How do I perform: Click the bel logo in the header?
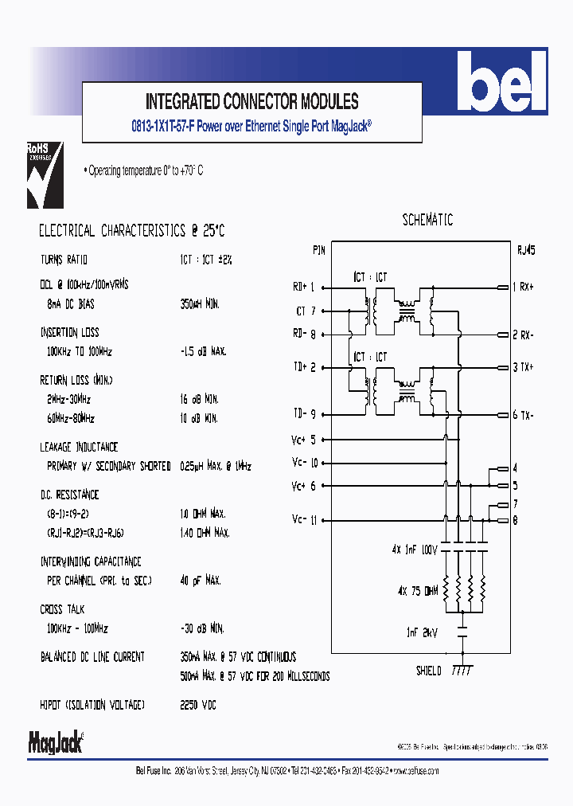(x=507, y=83)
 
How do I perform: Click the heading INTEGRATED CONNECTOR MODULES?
(x=251, y=102)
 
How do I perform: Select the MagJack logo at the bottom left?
(x=56, y=742)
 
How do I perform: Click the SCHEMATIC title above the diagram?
(x=427, y=221)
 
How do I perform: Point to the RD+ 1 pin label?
(x=304, y=287)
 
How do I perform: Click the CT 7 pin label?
(x=306, y=311)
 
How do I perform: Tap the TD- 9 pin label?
(x=304, y=414)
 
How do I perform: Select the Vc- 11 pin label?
(x=305, y=520)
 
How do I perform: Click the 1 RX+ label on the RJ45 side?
(x=528, y=287)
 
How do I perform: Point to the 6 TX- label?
(x=528, y=415)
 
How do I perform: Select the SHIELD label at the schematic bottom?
(x=428, y=671)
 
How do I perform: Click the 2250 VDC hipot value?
(x=198, y=705)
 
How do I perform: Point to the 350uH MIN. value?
(x=200, y=304)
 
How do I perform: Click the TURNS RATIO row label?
(x=64, y=260)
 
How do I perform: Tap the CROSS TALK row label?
(x=62, y=609)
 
